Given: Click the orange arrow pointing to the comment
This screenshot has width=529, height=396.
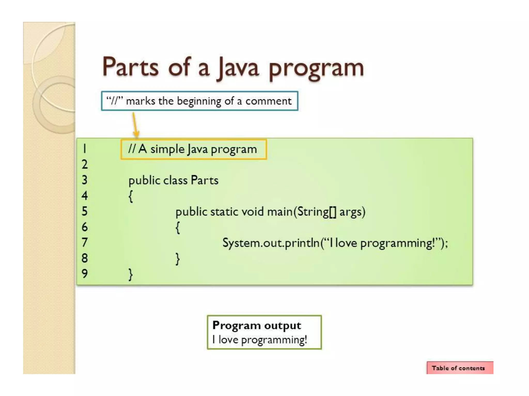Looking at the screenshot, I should pyautogui.click(x=135, y=125).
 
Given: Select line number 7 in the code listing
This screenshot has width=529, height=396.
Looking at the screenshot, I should pyautogui.click(x=84, y=243).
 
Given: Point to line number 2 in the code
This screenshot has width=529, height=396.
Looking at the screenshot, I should pyautogui.click(x=84, y=164).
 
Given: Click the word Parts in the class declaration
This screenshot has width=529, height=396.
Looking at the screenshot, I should pyautogui.click(x=204, y=180).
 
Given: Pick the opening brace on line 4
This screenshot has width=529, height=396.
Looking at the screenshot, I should pyautogui.click(x=131, y=196).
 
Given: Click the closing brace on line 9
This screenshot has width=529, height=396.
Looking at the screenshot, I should pyautogui.click(x=131, y=274).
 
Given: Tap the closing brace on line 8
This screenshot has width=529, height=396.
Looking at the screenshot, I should pyautogui.click(x=178, y=259).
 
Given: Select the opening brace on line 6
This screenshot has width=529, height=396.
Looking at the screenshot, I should pyautogui.click(x=178, y=227).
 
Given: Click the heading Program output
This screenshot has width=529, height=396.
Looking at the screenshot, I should pyautogui.click(x=256, y=326).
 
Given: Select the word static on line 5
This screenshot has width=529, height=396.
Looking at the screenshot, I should pyautogui.click(x=224, y=212).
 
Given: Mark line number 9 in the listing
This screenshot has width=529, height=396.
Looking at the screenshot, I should pyautogui.click(x=84, y=274).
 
